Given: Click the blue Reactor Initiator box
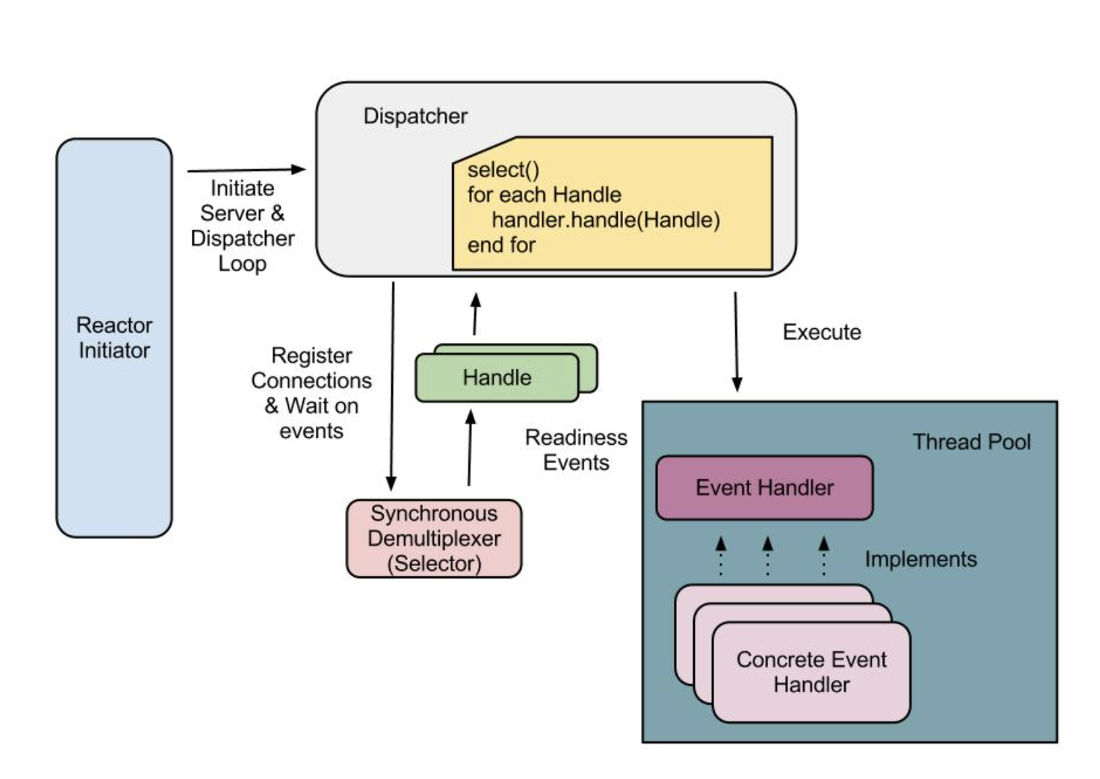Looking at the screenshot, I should (x=115, y=338).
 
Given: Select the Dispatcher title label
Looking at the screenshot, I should (x=415, y=116).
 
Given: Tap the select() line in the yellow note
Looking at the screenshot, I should (x=503, y=170).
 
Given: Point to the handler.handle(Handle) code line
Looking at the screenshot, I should (x=605, y=220).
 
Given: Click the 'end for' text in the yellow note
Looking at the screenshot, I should (x=501, y=245).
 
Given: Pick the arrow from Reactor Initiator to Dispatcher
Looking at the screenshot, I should (x=246, y=170).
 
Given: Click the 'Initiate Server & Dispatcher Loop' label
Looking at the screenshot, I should (x=242, y=225).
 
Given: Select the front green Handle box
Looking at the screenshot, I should (x=497, y=378).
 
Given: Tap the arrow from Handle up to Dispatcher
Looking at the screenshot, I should (x=476, y=314).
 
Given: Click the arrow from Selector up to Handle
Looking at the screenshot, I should (x=470, y=447).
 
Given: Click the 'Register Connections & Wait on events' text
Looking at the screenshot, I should (x=311, y=393).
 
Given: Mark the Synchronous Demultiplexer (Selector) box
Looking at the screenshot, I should (x=434, y=538).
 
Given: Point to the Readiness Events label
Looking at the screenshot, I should (x=576, y=449).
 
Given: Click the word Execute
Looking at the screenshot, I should (x=821, y=333).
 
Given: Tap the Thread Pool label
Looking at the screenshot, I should (x=972, y=442).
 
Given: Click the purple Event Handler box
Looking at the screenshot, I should (x=764, y=487).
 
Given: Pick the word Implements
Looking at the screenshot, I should (x=921, y=559).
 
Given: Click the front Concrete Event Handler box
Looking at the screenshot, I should (x=811, y=672).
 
